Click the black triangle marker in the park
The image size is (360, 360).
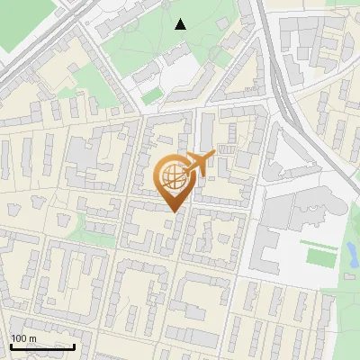coord(181,24)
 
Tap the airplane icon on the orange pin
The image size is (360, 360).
coord(198,163)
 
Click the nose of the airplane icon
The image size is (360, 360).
coord(213,155)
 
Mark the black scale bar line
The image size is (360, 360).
coord(41,346)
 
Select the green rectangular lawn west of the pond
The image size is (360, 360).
coord(317,257)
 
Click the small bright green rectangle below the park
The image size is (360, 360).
coord(151,94)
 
